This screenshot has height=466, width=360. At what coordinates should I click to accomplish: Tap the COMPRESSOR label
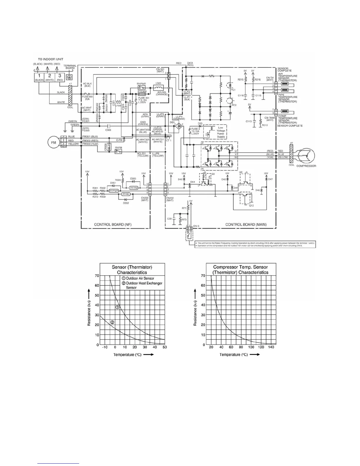[306, 166]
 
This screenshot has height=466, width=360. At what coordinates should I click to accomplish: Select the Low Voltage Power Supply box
[221, 132]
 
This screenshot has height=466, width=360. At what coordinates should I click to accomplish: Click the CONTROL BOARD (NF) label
[113, 224]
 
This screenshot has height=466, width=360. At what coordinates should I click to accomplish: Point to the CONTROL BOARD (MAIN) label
[246, 224]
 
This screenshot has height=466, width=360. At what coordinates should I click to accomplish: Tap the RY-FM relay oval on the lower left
[134, 188]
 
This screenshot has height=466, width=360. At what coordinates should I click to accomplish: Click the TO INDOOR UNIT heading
[51, 59]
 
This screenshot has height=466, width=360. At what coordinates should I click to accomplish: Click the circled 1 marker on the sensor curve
[117, 307]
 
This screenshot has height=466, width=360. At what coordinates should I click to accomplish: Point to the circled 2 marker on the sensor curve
[112, 322]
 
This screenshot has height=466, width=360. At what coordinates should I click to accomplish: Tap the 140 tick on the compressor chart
[271, 347]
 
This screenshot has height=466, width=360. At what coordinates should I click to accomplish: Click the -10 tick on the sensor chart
[105, 347]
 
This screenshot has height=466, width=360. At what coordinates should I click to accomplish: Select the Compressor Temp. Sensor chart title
[241, 270]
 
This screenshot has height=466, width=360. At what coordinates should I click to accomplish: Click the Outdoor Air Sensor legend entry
[140, 278]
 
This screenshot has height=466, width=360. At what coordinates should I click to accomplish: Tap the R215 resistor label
[241, 80]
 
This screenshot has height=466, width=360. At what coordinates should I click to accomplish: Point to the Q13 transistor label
[251, 206]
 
